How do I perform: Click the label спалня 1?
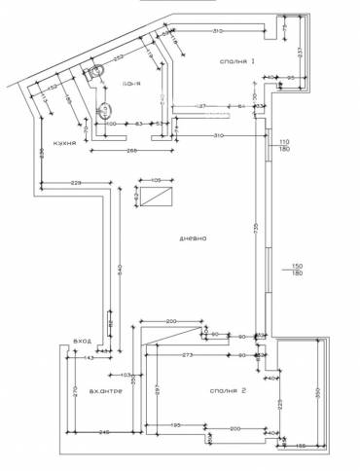(x=237, y=61)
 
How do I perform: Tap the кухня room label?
(x=66, y=140)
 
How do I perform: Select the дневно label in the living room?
(x=192, y=239)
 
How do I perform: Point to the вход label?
(x=82, y=343)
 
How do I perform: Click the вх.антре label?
(x=104, y=393)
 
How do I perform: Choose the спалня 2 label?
(x=226, y=392)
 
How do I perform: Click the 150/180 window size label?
(x=286, y=270)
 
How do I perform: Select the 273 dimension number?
(x=187, y=356)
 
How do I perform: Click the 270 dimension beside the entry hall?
(x=73, y=394)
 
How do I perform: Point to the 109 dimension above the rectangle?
(x=155, y=180)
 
